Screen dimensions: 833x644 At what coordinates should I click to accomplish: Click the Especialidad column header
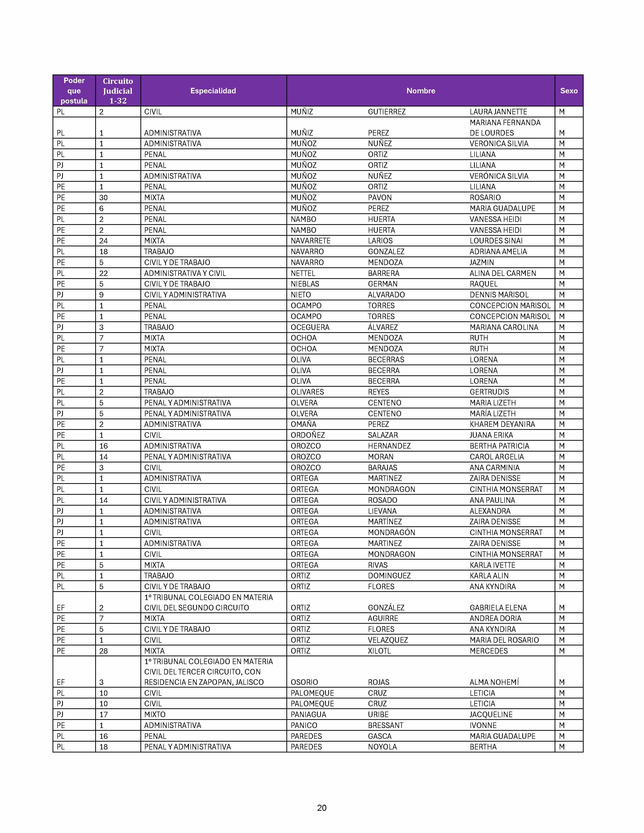point(213,91)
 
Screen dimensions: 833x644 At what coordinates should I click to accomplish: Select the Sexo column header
point(568,91)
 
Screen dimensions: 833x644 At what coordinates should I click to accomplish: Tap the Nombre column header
point(420,91)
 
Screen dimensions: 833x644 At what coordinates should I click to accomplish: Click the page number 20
point(321,808)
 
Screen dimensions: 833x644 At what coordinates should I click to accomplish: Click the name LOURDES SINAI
point(496,241)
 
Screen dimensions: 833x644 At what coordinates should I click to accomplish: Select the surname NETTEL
point(303,273)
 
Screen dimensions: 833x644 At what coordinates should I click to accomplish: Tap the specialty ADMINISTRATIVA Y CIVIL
point(185,273)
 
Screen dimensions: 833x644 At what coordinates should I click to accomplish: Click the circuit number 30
point(103,198)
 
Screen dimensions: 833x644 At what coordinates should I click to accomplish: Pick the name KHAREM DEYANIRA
point(502,424)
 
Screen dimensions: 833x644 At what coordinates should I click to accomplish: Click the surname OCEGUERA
point(310,327)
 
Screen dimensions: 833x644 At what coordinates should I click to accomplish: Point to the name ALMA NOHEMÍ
point(494,682)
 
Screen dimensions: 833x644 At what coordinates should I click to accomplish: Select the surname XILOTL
point(379,651)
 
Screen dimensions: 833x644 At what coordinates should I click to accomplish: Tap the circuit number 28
point(103,651)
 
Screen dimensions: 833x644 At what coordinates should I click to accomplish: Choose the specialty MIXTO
point(155,714)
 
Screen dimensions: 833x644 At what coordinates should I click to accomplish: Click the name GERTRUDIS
point(489,392)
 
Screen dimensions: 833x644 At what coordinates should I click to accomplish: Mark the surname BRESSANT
point(385,725)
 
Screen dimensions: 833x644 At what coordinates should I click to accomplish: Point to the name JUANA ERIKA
point(491,435)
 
